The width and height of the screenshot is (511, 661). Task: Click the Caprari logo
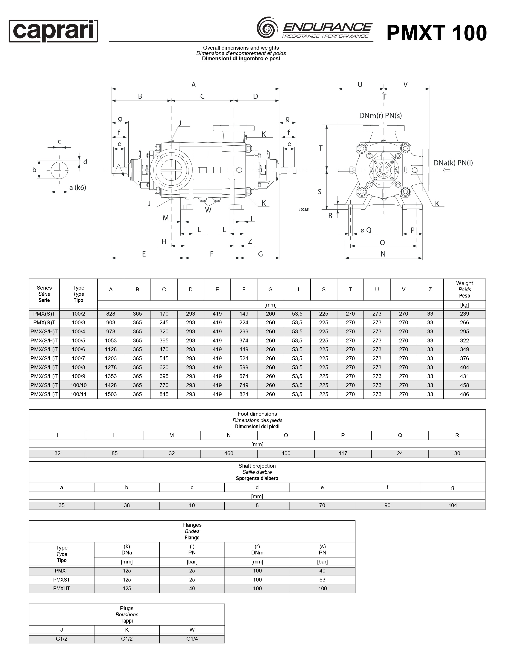[53, 31]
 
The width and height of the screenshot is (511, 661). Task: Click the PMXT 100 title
[436, 33]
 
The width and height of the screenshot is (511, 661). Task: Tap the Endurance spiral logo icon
[266, 28]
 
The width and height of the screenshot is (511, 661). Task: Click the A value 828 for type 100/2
[111, 314]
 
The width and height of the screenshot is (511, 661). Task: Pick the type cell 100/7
[78, 358]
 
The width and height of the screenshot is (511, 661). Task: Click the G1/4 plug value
[192, 639]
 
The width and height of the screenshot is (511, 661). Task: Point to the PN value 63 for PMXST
[322, 580]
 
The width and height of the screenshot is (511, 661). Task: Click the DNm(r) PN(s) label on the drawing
[380, 116]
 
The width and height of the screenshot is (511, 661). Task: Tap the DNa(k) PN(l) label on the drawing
[453, 163]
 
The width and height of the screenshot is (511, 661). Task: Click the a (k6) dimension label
[78, 188]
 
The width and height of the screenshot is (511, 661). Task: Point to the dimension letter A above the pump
[194, 85]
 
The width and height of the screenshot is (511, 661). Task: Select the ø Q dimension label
[366, 230]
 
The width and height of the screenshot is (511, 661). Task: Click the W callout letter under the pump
[208, 210]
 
